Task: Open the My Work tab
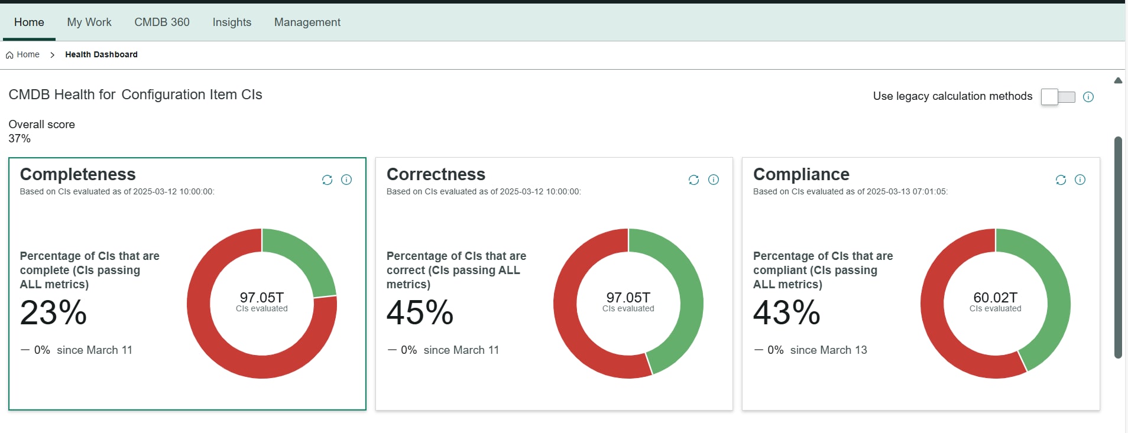click(x=89, y=22)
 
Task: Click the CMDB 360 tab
click(x=161, y=22)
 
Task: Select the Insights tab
click(x=232, y=22)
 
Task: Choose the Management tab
click(x=307, y=22)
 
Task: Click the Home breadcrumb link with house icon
click(x=23, y=54)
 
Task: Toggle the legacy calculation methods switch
click(x=1058, y=97)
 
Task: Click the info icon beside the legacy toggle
click(x=1088, y=97)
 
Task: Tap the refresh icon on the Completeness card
click(x=327, y=180)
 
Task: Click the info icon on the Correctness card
click(x=714, y=180)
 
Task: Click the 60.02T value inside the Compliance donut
click(x=995, y=297)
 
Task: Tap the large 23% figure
click(x=53, y=312)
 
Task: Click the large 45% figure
click(x=420, y=312)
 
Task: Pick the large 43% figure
click(x=786, y=312)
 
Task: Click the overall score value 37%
click(x=20, y=138)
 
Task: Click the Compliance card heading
click(x=800, y=174)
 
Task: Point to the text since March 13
click(x=828, y=350)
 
